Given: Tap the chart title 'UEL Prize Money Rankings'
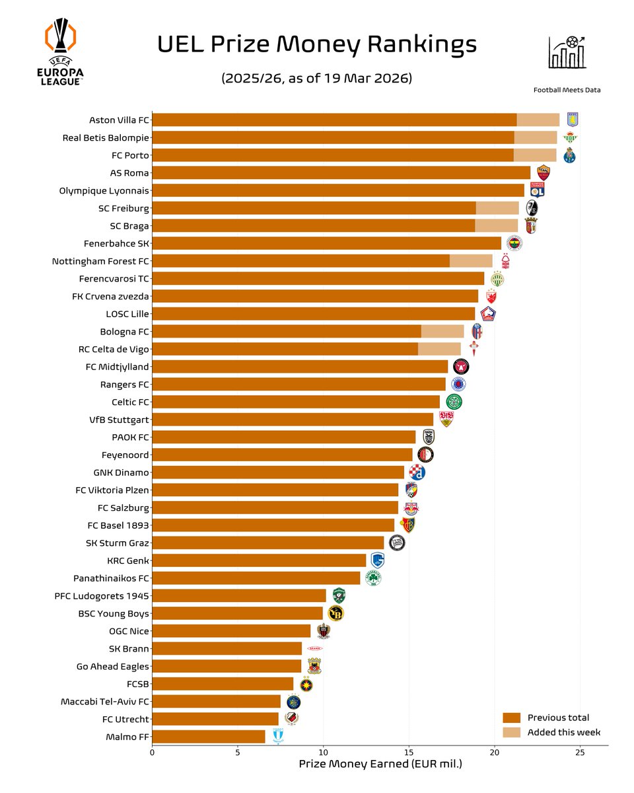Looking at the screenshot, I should tap(317, 45).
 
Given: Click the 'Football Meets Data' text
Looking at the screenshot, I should tap(567, 90).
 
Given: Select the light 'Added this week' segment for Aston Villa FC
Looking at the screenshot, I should tap(538, 120).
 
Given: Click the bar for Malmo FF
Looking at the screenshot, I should tap(209, 736).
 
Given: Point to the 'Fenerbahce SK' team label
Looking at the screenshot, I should tap(116, 243).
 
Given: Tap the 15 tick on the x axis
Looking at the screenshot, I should tap(409, 752).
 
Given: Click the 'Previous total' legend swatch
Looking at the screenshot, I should tap(512, 718).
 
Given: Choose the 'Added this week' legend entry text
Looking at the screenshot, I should tap(563, 732).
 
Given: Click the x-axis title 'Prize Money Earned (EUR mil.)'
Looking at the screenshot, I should tap(380, 765).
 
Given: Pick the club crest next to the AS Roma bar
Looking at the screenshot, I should tap(544, 173).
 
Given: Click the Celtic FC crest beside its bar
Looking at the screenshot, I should tap(454, 402).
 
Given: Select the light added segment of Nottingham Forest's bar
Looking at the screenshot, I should tap(471, 261).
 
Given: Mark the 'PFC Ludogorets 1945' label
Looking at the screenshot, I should tap(102, 595).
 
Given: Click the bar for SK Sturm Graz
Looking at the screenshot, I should tap(268, 543).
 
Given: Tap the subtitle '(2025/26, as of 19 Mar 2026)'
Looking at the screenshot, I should tap(317, 78).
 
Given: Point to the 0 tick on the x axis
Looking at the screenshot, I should tap(153, 752).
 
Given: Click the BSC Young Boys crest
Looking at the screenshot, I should tap(336, 613).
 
